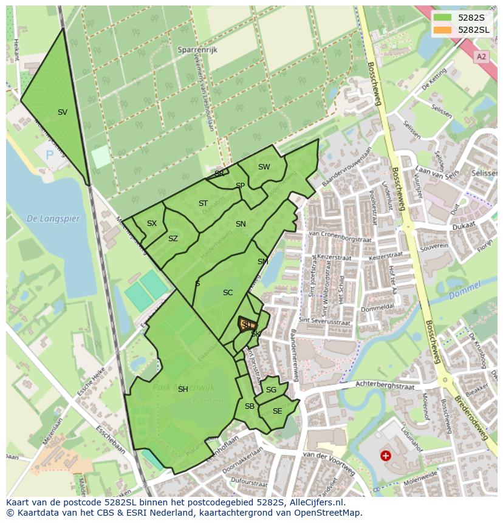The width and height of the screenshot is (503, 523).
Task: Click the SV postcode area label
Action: point(63,112)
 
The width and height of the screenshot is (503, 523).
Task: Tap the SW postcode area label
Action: point(264,167)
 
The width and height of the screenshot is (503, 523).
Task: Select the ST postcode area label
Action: point(203,203)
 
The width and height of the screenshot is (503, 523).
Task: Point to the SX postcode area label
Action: point(152,224)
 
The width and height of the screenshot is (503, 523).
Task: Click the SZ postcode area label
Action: point(173,239)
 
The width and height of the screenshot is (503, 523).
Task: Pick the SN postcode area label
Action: point(241,224)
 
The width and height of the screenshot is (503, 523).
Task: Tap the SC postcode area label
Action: point(228,293)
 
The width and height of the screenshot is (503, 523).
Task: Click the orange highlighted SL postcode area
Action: point(247,324)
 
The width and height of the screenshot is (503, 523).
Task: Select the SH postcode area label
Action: point(183,389)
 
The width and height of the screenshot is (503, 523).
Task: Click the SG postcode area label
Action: point(271,390)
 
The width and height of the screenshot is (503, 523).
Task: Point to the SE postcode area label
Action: point(277,411)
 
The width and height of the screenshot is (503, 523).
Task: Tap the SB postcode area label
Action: point(249,406)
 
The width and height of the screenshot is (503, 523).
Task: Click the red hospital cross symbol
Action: point(385,455)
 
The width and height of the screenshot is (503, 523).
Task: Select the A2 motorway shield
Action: point(482,56)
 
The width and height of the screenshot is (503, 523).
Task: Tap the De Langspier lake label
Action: point(53,219)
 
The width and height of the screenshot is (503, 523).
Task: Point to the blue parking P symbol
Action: point(50,155)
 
